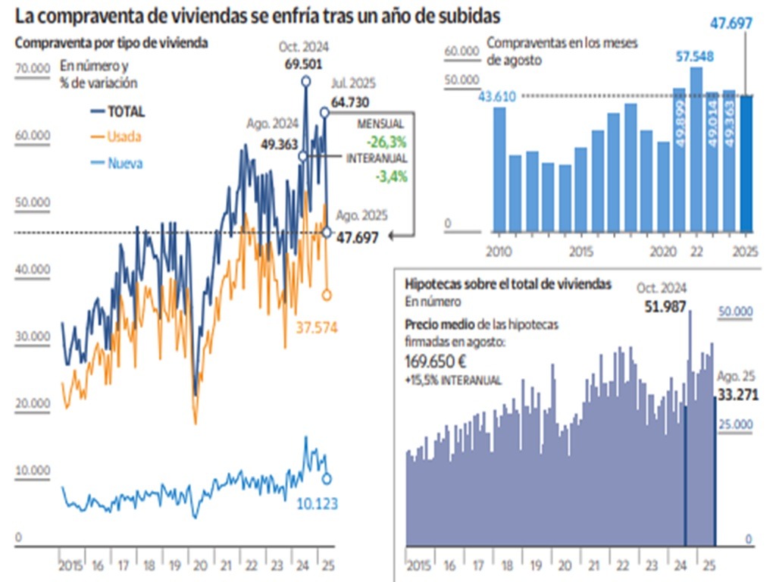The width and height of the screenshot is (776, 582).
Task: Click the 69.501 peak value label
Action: (x=305, y=64)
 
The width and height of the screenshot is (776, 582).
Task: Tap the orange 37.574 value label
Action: (x=317, y=327)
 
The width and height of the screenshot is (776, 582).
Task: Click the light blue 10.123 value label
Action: (x=317, y=504)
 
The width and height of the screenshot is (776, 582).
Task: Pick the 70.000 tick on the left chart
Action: (x=32, y=69)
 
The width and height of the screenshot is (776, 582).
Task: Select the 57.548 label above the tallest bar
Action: (x=695, y=57)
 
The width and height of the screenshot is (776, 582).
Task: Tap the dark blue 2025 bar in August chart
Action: (x=746, y=163)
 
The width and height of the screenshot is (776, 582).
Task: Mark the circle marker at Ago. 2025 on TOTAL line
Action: (x=327, y=232)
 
